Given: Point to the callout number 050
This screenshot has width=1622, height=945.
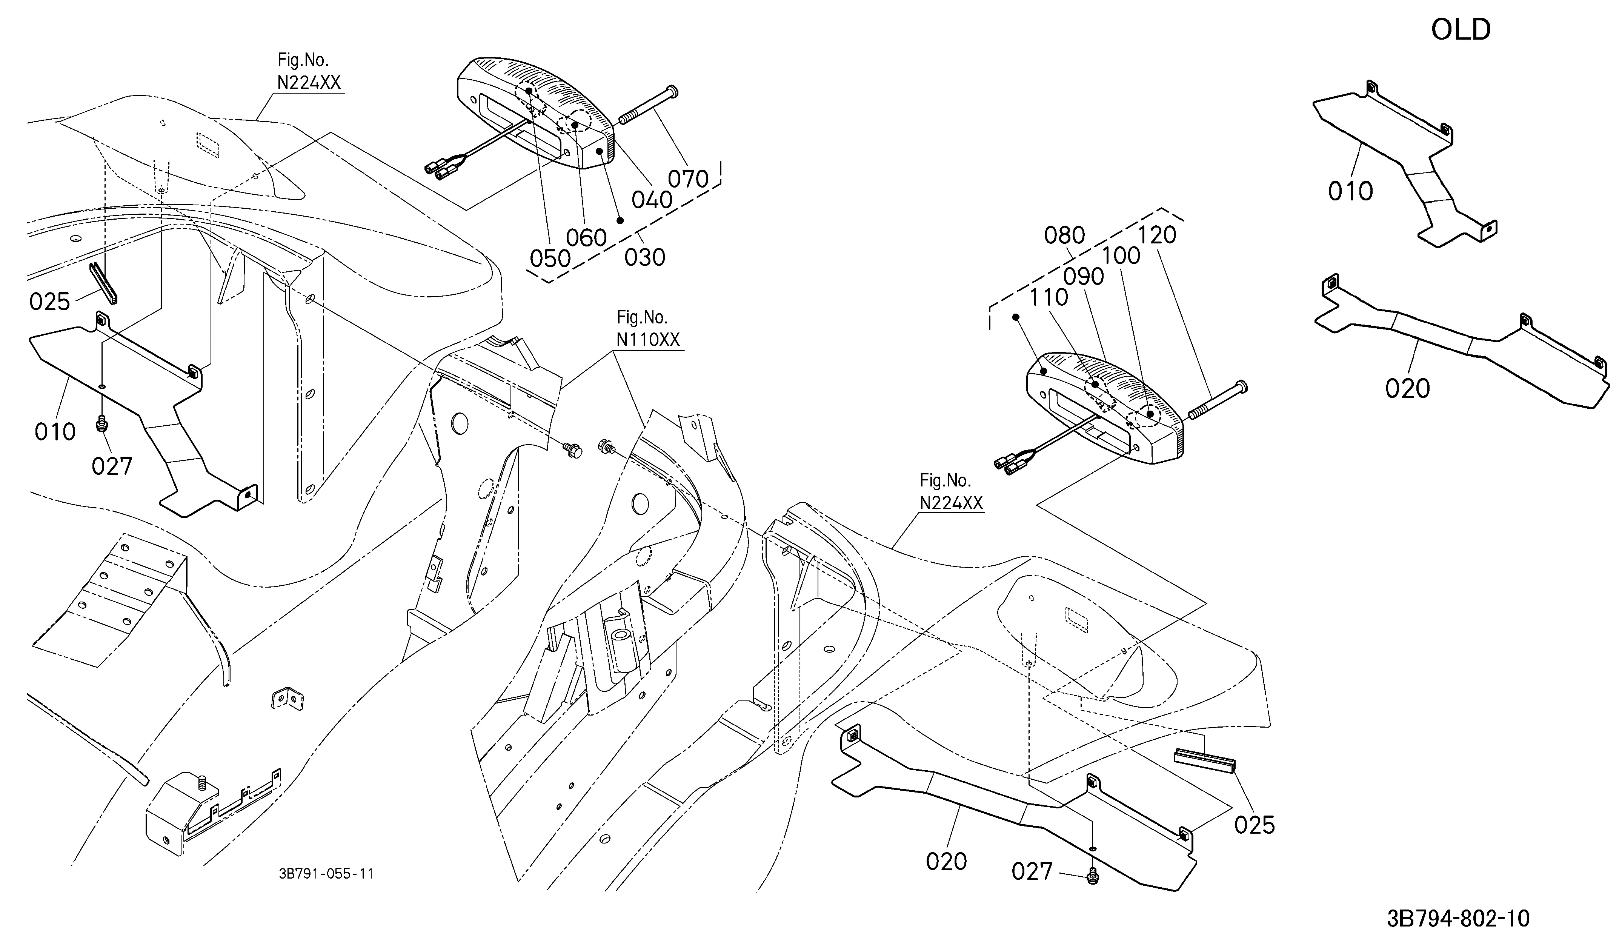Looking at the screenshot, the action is (x=550, y=259).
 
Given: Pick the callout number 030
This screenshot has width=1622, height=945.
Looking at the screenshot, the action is (x=645, y=257).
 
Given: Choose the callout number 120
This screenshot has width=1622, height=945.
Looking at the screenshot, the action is (x=1157, y=235).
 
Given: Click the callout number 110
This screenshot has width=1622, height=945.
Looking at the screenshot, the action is (x=1048, y=297).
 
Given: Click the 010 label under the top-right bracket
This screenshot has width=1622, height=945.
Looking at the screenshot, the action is (x=1350, y=191).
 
